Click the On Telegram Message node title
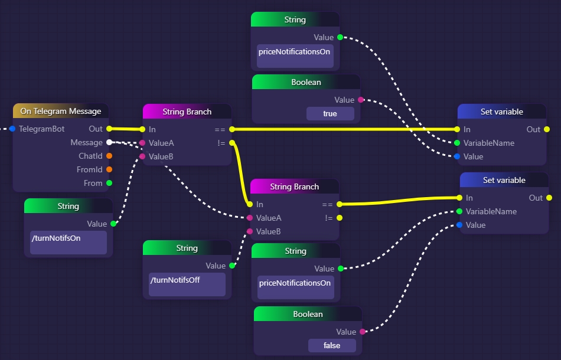[60, 111]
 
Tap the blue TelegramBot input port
[12, 129]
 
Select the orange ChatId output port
[109, 156]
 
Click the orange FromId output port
[109, 170]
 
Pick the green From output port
[109, 184]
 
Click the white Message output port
[109, 142]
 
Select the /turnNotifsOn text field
[69, 243]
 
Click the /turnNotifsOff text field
[187, 284]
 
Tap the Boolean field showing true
[330, 113]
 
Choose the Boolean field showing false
[332, 345]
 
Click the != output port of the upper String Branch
[232, 143]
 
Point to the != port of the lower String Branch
[340, 218]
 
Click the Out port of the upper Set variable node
[547, 129]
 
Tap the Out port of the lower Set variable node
[549, 198]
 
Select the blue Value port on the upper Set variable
[457, 156]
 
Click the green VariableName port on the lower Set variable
[459, 211]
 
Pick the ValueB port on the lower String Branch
[250, 231]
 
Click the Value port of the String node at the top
[340, 37]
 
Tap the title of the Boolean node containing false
[308, 314]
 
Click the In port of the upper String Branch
[142, 129]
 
